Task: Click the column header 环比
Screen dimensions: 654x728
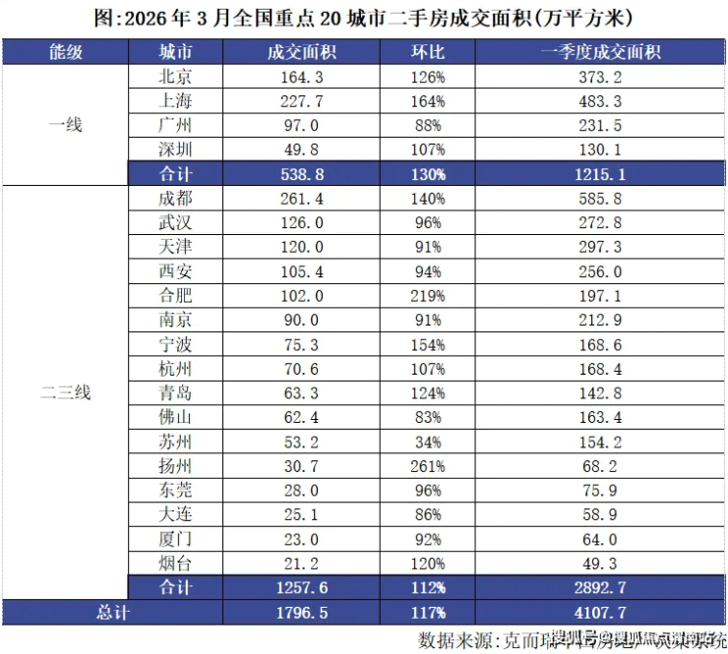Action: pos(428,51)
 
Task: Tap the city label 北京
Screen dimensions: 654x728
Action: pos(175,77)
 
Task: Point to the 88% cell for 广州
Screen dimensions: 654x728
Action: pos(428,125)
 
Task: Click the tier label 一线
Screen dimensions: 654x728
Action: pos(66,125)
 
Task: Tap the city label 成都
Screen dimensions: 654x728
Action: pos(175,198)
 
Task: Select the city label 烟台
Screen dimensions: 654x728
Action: pos(175,563)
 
